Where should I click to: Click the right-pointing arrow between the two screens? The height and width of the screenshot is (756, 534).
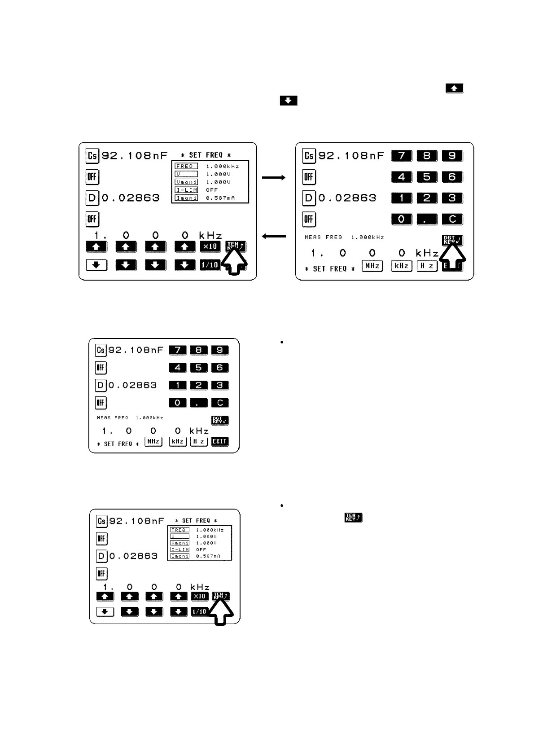(273, 178)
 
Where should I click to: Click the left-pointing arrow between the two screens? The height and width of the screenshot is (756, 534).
(273, 236)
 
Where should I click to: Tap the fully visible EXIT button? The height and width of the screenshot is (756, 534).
(220, 441)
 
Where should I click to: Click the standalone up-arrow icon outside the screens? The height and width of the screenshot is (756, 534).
(454, 88)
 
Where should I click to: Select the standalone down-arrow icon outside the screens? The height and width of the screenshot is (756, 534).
(289, 101)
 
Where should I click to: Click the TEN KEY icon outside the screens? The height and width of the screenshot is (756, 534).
(353, 518)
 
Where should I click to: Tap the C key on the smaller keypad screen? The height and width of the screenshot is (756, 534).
(220, 403)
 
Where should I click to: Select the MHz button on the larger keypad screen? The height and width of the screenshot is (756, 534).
(372, 266)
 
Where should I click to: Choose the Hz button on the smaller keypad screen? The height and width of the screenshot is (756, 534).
(199, 441)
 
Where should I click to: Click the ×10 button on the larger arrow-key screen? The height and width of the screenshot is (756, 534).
(210, 246)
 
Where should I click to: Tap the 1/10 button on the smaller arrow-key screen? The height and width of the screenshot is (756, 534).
(199, 611)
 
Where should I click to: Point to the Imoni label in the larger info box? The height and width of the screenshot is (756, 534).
(186, 198)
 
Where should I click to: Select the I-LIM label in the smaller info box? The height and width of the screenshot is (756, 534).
(179, 549)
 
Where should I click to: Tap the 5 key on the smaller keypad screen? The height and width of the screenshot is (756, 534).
(199, 368)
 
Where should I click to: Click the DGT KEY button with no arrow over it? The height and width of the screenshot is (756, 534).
(220, 420)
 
